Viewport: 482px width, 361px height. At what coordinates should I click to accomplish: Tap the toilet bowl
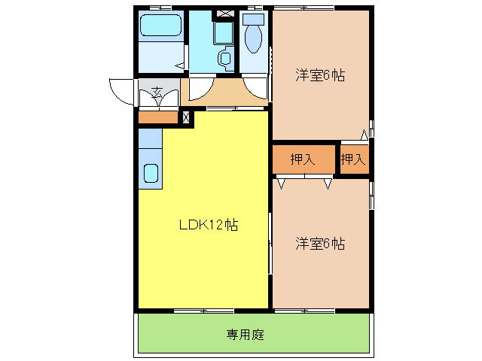pos(253,39)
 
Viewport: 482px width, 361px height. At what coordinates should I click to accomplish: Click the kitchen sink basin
pos(150,174)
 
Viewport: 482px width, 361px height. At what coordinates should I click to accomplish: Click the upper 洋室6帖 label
pos(320,75)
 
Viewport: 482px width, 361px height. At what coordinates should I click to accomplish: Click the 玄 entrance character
pos(157,93)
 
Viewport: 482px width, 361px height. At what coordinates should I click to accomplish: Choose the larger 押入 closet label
pos(303,159)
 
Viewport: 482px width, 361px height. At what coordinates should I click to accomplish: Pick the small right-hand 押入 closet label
pos(352,159)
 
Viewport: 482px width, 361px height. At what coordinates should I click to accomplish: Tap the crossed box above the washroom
pos(224,14)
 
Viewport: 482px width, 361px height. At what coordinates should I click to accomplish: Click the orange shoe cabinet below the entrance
pos(157,117)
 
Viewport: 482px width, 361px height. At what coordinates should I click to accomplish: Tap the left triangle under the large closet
pos(281,183)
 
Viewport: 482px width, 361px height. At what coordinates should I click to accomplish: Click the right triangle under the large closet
pos(328,183)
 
